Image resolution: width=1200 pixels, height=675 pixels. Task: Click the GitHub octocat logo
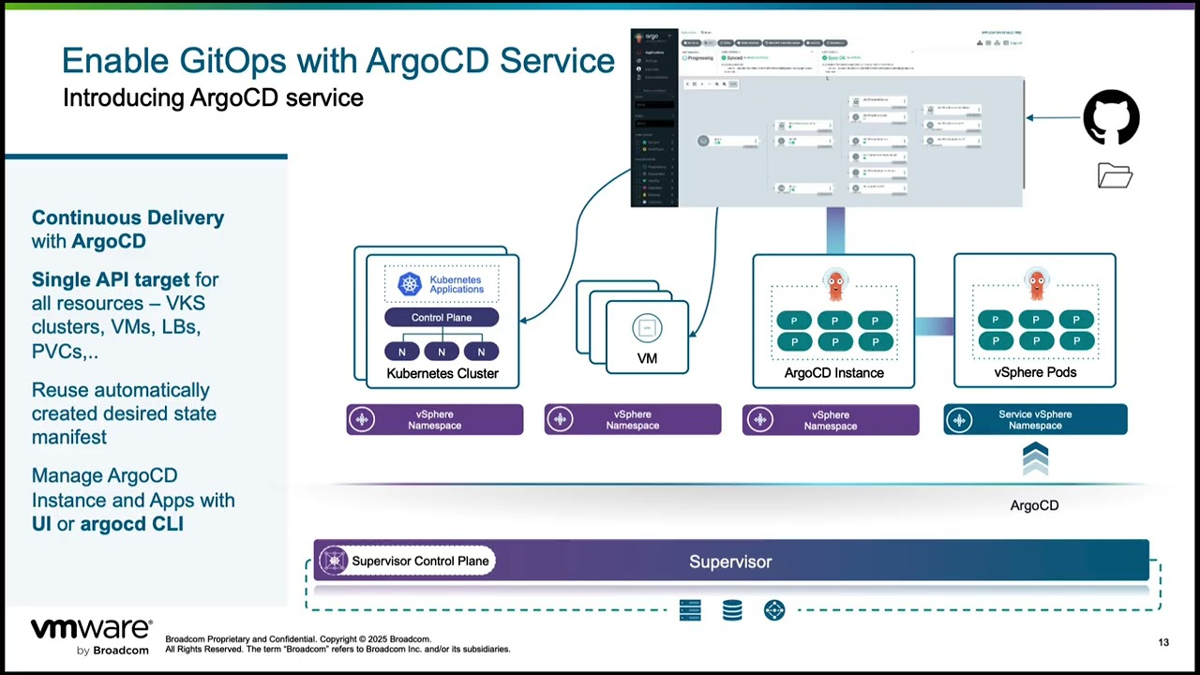pyautogui.click(x=1111, y=117)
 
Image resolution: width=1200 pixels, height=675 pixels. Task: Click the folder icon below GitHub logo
pyautogui.click(x=1115, y=176)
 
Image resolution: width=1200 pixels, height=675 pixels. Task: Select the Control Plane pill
pyautogui.click(x=442, y=318)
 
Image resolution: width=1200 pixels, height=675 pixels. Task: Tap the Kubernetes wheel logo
pyautogui.click(x=410, y=284)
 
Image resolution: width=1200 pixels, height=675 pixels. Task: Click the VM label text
pyautogui.click(x=647, y=358)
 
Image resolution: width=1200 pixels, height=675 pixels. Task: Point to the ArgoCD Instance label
pyautogui.click(x=833, y=373)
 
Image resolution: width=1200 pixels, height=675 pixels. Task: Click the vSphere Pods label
pyautogui.click(x=1035, y=372)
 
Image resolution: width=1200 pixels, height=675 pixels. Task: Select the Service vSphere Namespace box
pyautogui.click(x=1035, y=420)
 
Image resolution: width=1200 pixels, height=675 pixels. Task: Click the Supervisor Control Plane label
pyautogui.click(x=420, y=561)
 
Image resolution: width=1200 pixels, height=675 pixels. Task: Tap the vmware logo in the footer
pyautogui.click(x=91, y=629)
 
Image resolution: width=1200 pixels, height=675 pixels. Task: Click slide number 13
pyautogui.click(x=1163, y=642)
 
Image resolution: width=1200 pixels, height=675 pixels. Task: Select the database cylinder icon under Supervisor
pyautogui.click(x=732, y=611)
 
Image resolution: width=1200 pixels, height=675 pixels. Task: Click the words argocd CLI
pyautogui.click(x=131, y=524)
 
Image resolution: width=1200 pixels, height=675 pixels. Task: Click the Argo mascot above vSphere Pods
pyautogui.click(x=1036, y=285)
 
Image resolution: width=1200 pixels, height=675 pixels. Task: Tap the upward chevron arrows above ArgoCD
pyautogui.click(x=1035, y=460)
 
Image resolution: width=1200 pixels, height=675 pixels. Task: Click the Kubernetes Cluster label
pyautogui.click(x=442, y=373)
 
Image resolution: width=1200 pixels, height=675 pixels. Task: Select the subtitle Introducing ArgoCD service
pyautogui.click(x=213, y=97)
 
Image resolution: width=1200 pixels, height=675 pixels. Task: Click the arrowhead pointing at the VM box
pyautogui.click(x=693, y=333)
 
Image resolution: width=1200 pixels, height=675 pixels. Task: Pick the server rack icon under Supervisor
pyautogui.click(x=690, y=611)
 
